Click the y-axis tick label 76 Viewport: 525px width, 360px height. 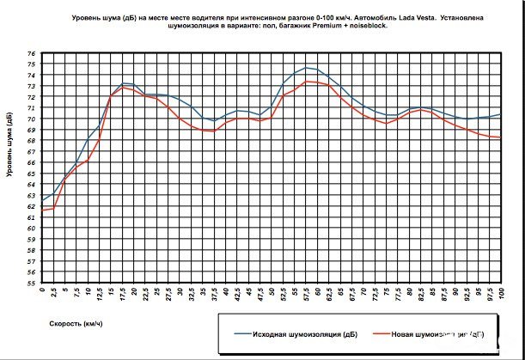tap(33, 54)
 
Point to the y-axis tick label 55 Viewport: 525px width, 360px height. tap(33, 283)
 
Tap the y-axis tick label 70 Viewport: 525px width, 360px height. tap(33, 119)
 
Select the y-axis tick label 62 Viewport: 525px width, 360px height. tap(33, 206)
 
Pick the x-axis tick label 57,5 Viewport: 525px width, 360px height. tap(307, 296)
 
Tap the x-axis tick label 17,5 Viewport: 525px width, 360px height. tap(124, 296)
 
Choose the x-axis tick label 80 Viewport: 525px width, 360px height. tap(408, 293)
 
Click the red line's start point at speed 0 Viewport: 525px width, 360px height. tap(42, 210)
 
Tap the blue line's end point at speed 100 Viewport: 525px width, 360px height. tap(499, 114)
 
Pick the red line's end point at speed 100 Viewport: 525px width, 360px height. tap(499, 137)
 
